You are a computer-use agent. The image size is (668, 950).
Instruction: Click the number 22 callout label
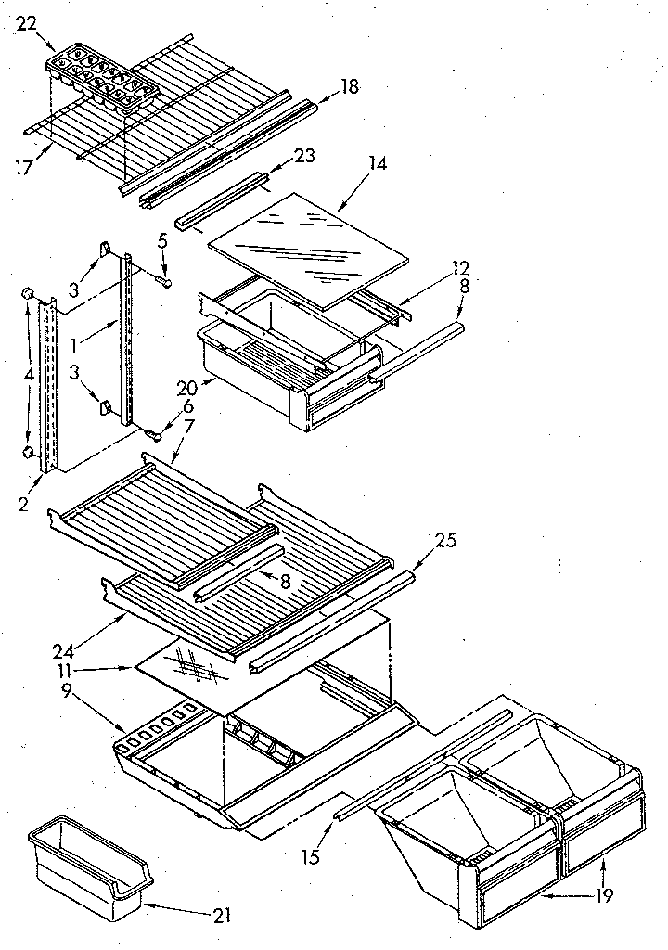pos(27,24)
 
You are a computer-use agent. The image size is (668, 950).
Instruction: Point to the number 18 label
pos(349,87)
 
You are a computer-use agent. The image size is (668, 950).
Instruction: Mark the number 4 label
pos(29,376)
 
